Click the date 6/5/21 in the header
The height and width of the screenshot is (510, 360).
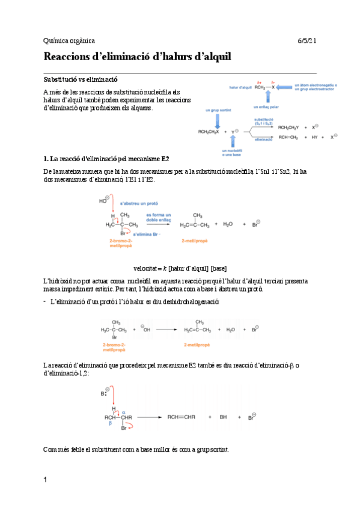[x=308, y=40]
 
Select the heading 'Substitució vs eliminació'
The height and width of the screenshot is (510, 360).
[x=81, y=78]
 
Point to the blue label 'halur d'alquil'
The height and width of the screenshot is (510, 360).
[x=240, y=87]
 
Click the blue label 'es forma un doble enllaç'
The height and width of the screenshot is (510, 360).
[x=159, y=218]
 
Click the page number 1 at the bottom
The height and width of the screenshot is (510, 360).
[x=45, y=480]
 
